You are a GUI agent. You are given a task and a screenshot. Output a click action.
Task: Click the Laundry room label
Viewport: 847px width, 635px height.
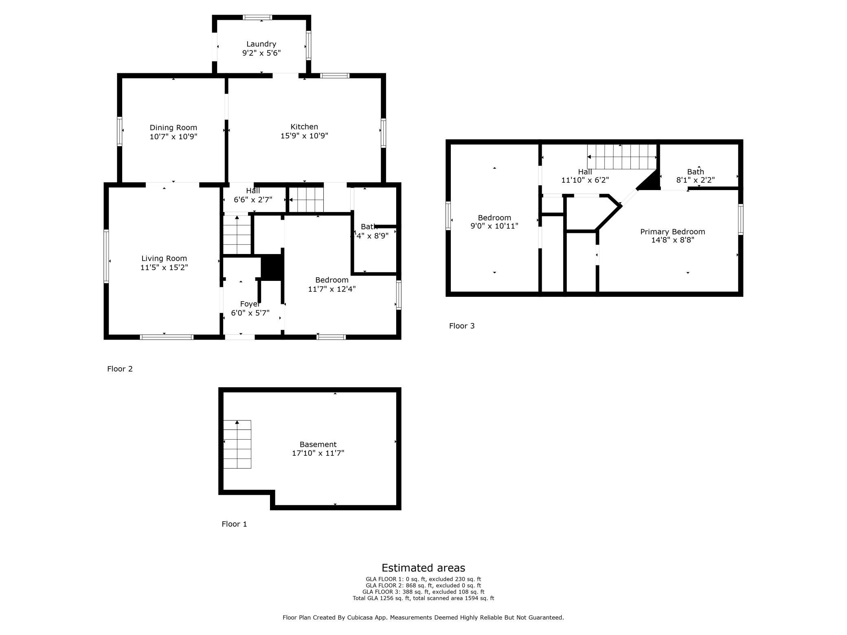[261, 44]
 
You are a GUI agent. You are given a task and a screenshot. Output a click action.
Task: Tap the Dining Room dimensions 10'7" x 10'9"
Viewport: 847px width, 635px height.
[173, 137]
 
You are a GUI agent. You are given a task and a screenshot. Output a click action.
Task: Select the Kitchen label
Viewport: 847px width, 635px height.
[304, 127]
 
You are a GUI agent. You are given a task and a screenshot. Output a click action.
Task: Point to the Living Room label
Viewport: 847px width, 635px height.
[164, 258]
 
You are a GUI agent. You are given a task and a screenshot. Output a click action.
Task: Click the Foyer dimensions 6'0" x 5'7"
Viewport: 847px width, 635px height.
[250, 313]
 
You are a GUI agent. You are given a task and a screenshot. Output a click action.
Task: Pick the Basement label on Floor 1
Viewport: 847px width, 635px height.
[318, 444]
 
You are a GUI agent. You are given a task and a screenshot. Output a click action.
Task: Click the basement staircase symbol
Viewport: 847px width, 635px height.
[237, 444]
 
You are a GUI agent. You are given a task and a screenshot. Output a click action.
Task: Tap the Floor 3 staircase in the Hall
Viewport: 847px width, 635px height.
[622, 157]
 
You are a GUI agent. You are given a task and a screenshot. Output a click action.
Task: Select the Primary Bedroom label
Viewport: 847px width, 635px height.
[672, 232]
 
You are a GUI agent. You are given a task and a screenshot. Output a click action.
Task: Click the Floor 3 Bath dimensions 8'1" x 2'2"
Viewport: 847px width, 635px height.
[695, 180]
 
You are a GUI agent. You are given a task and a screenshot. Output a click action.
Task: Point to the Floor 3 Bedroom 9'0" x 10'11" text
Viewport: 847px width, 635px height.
[494, 226]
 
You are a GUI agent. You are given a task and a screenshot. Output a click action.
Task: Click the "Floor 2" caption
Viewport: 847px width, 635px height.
[120, 369]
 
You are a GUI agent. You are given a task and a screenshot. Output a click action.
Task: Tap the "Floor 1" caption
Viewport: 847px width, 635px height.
[234, 524]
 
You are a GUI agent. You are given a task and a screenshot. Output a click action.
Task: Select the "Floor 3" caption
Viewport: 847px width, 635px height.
[461, 326]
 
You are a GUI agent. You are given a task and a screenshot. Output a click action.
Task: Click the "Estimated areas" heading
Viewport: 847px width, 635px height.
[423, 568]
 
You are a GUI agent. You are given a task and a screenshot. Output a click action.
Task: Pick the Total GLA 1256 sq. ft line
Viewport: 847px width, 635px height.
[423, 598]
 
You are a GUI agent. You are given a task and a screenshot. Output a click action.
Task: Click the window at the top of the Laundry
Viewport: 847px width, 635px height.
[257, 18]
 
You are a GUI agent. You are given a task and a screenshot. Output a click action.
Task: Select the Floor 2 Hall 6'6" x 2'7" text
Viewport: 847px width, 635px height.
[253, 200]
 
